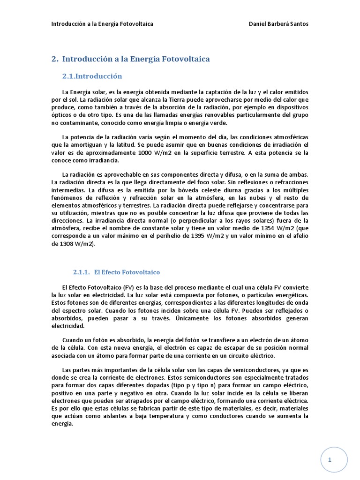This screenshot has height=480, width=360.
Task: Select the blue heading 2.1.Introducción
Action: [x=92, y=76]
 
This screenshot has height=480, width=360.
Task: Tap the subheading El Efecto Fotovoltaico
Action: [x=127, y=272]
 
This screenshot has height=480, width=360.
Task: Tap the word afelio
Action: [x=298, y=236]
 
